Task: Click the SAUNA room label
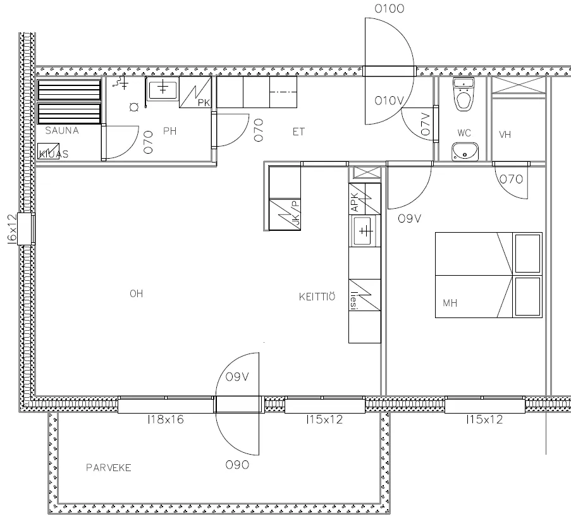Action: coord(62,130)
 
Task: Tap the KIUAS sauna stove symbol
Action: coord(49,151)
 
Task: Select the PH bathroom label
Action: coord(169,131)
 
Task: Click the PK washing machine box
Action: coord(195,92)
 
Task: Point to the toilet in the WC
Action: coord(464,94)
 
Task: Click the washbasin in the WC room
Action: coord(465,152)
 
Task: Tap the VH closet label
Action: coord(505,135)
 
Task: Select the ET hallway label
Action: coord(298,132)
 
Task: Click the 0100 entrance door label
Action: coord(390,9)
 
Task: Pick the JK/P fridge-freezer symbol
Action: coord(285,214)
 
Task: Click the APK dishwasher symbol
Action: coord(365,199)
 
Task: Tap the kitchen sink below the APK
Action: coord(365,231)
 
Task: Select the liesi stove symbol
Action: coord(365,295)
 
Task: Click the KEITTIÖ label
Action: coord(317,297)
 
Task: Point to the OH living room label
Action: coord(136,293)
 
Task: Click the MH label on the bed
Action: coord(450,303)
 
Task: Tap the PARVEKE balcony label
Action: coord(109,467)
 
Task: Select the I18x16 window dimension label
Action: coord(166,419)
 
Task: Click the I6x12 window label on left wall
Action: coord(12,229)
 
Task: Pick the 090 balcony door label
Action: coord(237,465)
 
